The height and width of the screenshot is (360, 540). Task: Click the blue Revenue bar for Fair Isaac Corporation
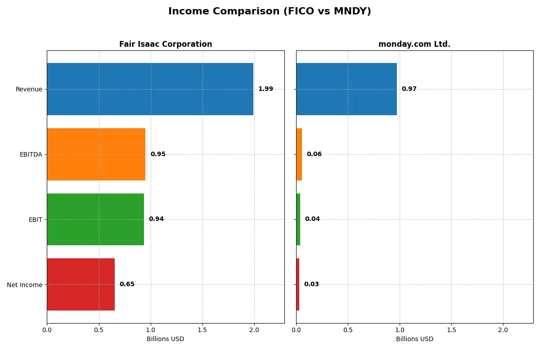(x=150, y=89)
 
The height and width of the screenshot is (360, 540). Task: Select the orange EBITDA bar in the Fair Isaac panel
(x=96, y=154)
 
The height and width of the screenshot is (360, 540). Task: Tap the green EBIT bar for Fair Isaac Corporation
(x=95, y=219)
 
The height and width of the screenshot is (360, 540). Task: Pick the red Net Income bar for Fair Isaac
(x=81, y=284)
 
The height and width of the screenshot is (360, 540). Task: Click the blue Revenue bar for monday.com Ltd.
(x=346, y=89)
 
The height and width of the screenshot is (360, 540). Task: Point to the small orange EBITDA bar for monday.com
(x=299, y=154)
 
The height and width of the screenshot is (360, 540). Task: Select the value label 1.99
(x=265, y=89)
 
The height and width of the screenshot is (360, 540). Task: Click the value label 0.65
(x=127, y=284)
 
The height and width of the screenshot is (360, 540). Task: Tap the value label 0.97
(x=409, y=89)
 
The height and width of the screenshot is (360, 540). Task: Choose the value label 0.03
(x=311, y=284)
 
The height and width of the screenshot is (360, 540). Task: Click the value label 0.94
(x=156, y=219)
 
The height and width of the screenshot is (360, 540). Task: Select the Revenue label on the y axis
(x=29, y=89)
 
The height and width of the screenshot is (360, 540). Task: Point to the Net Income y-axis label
(x=25, y=285)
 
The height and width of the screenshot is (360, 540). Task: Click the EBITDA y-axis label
(x=31, y=154)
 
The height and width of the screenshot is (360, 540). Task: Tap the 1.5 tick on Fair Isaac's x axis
(x=202, y=330)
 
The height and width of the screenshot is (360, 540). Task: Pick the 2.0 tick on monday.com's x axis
(x=503, y=330)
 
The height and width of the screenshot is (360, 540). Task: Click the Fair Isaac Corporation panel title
(x=166, y=44)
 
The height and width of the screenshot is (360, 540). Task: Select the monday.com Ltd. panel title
(x=414, y=44)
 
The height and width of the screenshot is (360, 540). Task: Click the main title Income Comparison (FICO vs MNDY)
(x=270, y=12)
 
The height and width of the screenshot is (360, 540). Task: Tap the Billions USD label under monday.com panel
(x=414, y=339)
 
